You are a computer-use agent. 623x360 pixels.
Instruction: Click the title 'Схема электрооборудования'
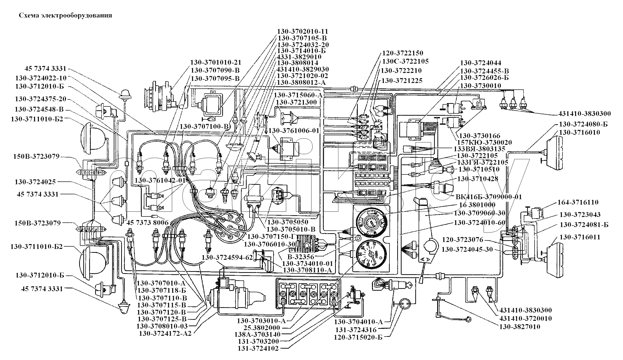pos(65,15)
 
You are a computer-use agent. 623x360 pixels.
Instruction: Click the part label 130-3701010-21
pos(216,63)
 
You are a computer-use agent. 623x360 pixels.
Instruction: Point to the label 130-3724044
pos(481,63)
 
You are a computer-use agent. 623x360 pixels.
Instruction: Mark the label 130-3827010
pos(520,327)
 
